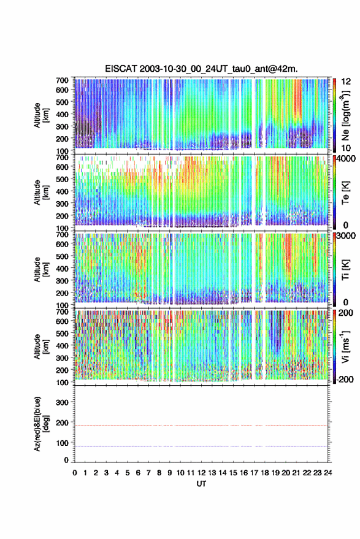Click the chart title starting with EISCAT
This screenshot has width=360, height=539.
tap(202, 69)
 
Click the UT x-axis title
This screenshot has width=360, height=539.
tap(201, 484)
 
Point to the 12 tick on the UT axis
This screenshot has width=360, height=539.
tap(202, 473)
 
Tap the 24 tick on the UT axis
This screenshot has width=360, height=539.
tap(328, 473)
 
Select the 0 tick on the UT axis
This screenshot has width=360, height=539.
tap(75, 473)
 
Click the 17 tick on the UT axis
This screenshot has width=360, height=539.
tap(254, 473)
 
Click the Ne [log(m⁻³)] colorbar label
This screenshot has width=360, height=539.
tap(345, 115)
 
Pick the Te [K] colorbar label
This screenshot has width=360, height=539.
tap(345, 193)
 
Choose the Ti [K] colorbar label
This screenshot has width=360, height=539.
tap(345, 270)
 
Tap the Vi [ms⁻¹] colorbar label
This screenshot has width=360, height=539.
tap(345, 346)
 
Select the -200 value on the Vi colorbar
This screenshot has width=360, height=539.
tap(345, 380)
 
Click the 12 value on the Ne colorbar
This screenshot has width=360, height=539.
tap(347, 82)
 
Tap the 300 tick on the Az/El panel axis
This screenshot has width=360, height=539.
tap(62, 402)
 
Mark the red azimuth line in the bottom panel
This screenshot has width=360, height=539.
tap(201, 426)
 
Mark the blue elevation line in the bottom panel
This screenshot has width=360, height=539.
tap(201, 446)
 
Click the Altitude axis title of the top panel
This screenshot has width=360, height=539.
tap(41, 115)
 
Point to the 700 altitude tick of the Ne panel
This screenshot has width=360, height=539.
tap(62, 80)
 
